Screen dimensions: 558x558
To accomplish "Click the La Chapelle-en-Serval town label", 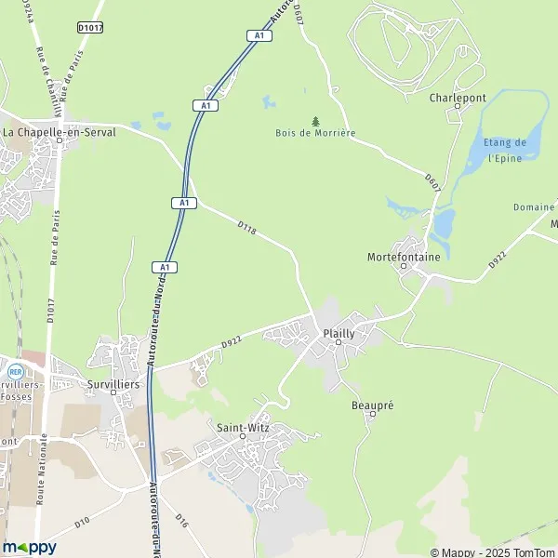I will [59, 133].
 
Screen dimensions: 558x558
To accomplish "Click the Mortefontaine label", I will [403, 256].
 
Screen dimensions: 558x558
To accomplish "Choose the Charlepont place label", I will [457, 96].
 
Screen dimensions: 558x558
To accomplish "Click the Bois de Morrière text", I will [315, 133].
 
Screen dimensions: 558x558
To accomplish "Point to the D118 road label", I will [246, 226].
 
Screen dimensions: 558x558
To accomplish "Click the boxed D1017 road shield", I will [89, 29].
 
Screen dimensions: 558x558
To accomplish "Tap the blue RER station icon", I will [15, 370].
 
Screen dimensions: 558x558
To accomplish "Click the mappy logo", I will [30, 547].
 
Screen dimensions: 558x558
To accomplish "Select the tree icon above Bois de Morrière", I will [315, 121].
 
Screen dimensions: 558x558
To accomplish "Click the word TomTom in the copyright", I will [529, 552].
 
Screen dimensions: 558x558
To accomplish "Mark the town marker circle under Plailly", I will [339, 342].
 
